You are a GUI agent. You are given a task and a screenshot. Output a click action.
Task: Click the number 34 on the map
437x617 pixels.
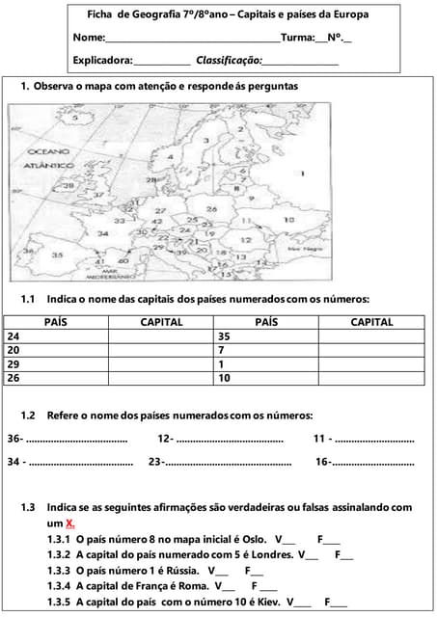click(102, 232)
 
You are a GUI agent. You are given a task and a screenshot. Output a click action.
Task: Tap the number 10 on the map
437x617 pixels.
click(288, 221)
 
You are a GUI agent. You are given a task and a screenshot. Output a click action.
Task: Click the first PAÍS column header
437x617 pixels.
click(56, 323)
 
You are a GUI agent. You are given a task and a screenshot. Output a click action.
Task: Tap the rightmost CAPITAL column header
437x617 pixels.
click(371, 323)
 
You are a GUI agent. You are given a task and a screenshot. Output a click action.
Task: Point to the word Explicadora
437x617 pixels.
click(102, 60)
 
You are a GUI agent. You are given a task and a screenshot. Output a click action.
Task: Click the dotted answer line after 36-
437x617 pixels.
click(77, 440)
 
